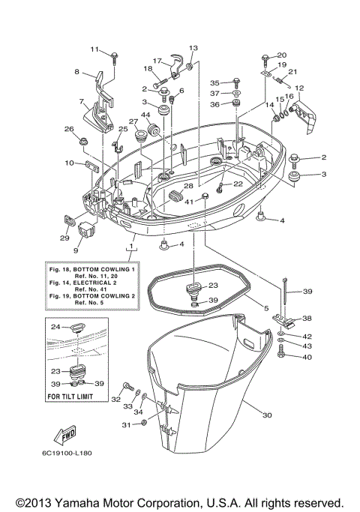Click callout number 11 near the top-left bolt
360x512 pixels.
coord(94,49)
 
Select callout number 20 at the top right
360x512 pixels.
coord(282,55)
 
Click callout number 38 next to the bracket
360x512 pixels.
coord(307,318)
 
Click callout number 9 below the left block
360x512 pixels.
coord(75,250)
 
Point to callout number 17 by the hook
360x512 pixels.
coord(157,61)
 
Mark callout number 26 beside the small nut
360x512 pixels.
coord(69,129)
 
